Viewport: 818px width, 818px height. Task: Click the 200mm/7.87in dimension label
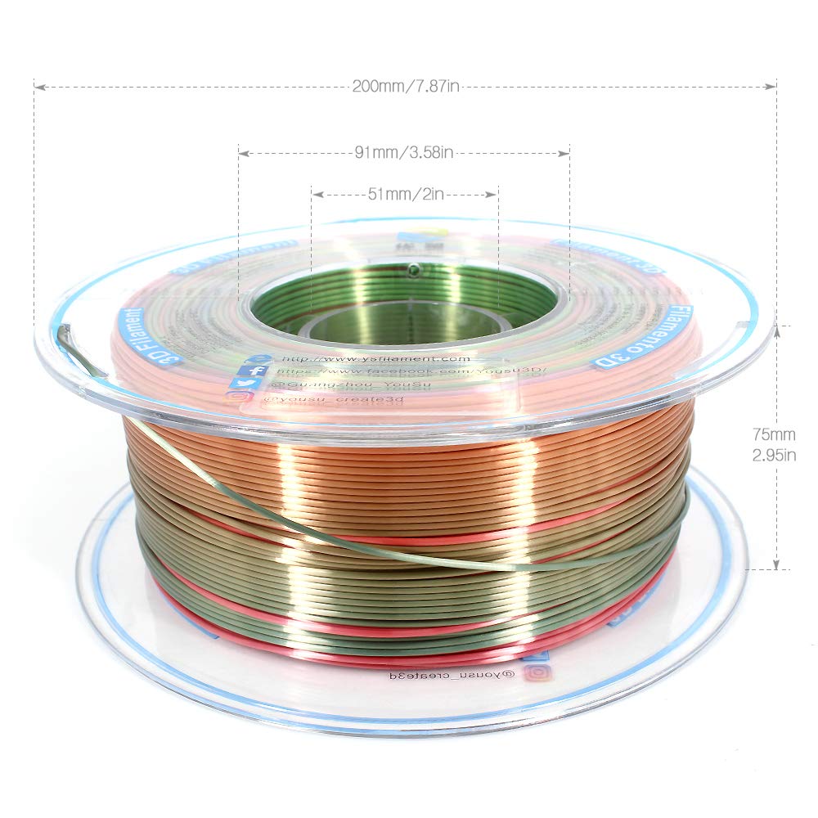tap(404, 87)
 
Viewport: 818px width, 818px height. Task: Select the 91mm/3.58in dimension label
tap(404, 153)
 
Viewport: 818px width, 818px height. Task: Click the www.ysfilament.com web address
tap(375, 358)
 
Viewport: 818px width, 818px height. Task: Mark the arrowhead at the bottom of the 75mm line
tap(776, 566)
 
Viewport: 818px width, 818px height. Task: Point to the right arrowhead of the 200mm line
tap(771, 86)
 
